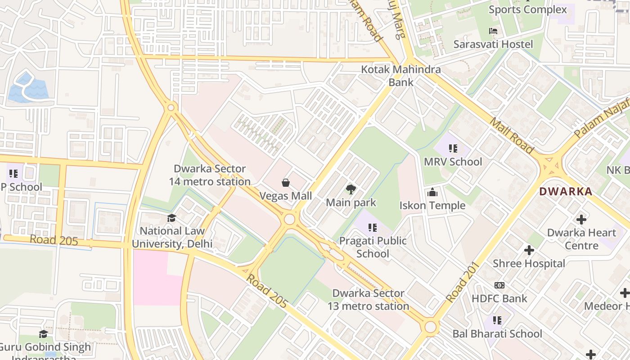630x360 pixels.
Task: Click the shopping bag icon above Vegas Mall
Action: (x=285, y=182)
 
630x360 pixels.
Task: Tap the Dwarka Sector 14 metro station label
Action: (x=210, y=175)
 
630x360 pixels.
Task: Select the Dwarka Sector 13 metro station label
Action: (x=368, y=300)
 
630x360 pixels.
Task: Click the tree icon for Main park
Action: (x=351, y=189)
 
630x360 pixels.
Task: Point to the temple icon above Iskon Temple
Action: (x=432, y=193)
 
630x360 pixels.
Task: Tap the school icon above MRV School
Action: (x=453, y=148)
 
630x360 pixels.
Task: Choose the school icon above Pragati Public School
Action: (x=372, y=228)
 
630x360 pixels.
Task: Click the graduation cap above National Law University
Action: (x=171, y=218)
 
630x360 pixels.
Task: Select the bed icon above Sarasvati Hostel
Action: (x=493, y=31)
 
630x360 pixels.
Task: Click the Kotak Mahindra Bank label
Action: (x=401, y=76)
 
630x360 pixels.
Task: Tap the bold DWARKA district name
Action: (x=566, y=191)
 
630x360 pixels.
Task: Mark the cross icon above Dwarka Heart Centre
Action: (x=581, y=220)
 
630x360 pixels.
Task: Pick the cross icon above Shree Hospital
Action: (x=529, y=250)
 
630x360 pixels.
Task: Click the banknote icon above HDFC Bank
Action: (x=499, y=285)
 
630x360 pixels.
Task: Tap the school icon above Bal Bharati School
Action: (x=497, y=320)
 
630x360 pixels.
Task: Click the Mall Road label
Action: (x=511, y=135)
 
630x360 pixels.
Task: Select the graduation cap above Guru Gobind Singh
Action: (x=43, y=333)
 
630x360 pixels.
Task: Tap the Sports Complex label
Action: (x=527, y=9)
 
